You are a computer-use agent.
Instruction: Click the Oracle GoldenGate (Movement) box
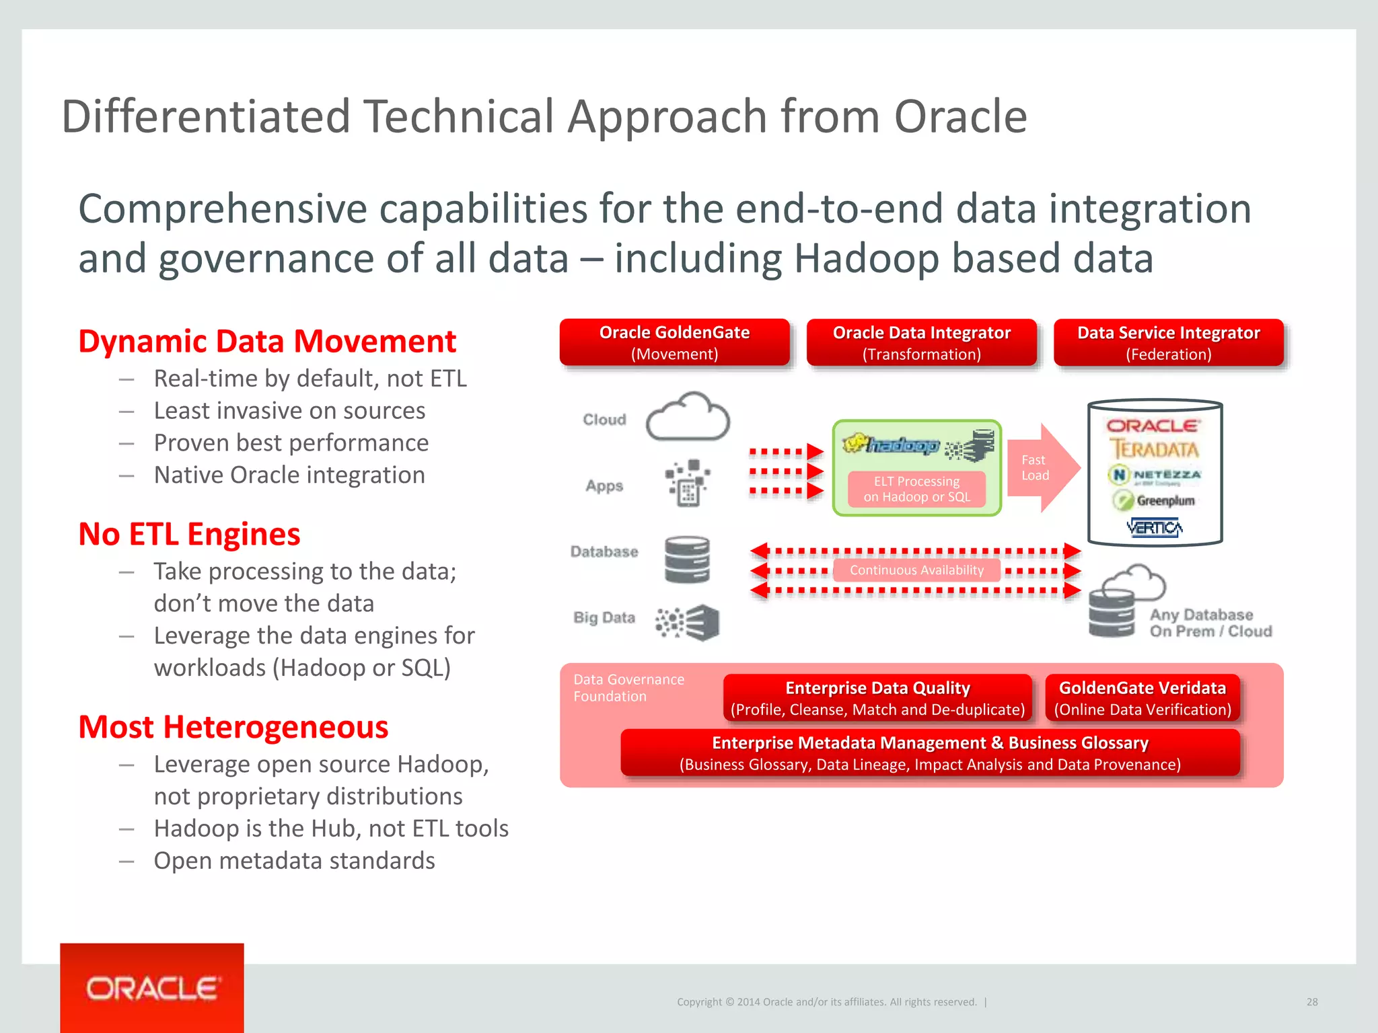point(674,343)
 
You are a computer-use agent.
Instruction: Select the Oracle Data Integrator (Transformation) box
point(921,343)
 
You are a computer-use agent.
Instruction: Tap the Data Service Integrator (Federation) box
point(1168,343)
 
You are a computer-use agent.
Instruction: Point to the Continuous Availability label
point(916,570)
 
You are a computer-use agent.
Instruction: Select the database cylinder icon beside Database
point(687,560)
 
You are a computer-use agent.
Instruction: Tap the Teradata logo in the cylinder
point(1155,449)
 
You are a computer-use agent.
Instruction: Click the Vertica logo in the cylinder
point(1155,528)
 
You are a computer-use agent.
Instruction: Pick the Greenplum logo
point(1155,500)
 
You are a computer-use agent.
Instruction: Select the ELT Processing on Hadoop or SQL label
point(916,490)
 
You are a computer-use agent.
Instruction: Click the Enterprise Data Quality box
point(877,698)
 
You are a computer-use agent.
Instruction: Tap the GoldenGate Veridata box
point(1143,698)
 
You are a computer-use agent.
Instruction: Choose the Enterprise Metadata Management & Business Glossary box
point(930,753)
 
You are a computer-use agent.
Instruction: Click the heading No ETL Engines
point(189,535)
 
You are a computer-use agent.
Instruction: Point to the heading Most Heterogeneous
point(233,728)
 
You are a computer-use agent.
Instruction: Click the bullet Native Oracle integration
point(289,475)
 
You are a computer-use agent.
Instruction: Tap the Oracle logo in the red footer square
point(152,989)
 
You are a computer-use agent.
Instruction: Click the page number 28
point(1312,1002)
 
